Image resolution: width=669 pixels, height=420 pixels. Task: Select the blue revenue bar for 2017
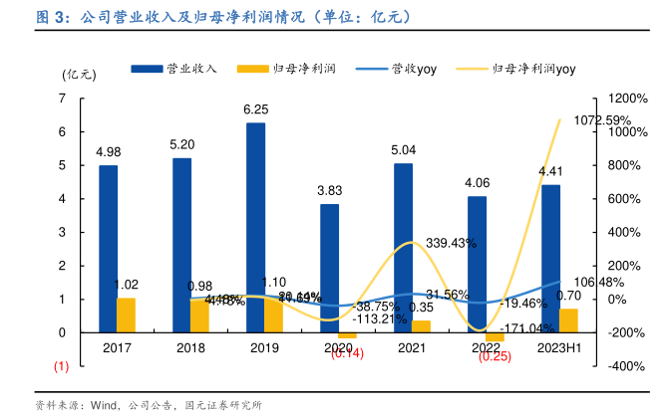click(x=109, y=249)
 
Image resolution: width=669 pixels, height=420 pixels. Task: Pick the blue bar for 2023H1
click(x=550, y=259)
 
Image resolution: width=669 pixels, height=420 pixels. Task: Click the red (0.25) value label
click(x=495, y=356)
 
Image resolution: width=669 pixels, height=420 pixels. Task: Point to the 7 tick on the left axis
click(x=63, y=98)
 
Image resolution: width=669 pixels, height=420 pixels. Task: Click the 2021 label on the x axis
click(x=412, y=348)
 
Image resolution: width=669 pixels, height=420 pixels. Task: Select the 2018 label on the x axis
click(x=190, y=348)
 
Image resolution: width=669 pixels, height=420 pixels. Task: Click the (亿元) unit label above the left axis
click(x=79, y=74)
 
